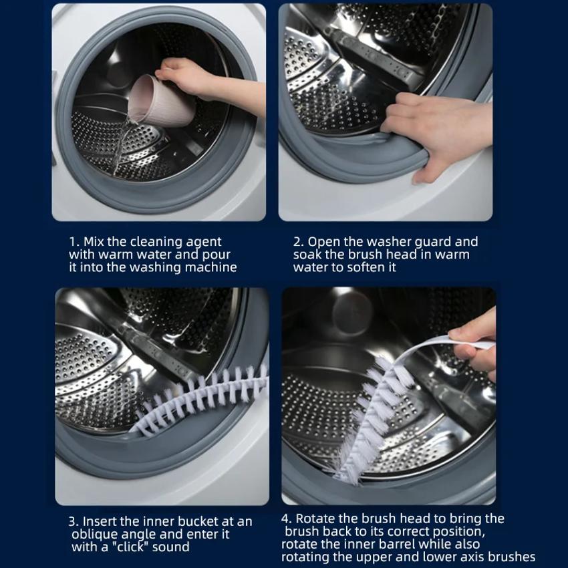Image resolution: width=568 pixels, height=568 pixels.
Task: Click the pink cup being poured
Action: [161, 102]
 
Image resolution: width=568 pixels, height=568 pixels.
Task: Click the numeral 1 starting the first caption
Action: [73, 242]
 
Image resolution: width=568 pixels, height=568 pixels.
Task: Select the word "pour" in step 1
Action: [217, 255]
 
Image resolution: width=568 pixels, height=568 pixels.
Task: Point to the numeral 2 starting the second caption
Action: [298, 242]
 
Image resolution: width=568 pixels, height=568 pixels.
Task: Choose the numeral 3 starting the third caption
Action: [72, 522]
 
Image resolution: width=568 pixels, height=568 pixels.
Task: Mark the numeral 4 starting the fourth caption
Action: [285, 519]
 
